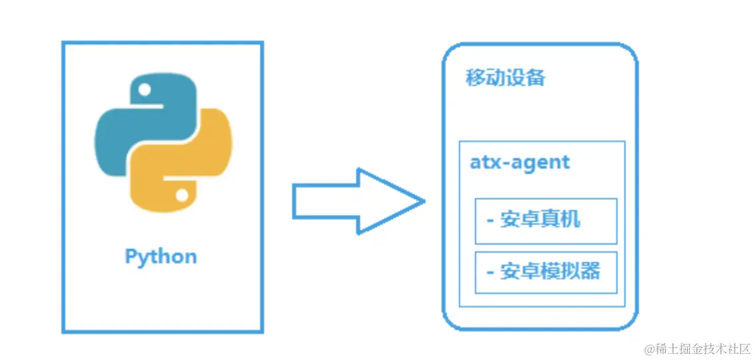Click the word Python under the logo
[x=161, y=257]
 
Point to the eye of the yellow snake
[x=181, y=194]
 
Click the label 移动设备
[x=505, y=78]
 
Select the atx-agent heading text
[x=520, y=163]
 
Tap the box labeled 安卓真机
[x=546, y=221]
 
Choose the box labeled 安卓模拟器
[x=546, y=272]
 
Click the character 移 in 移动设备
[x=475, y=78]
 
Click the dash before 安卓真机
[x=490, y=220]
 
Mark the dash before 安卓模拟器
[x=490, y=272]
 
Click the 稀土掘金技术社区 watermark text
[x=702, y=349]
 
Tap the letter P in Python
[x=131, y=257]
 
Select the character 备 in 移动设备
[x=536, y=78]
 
